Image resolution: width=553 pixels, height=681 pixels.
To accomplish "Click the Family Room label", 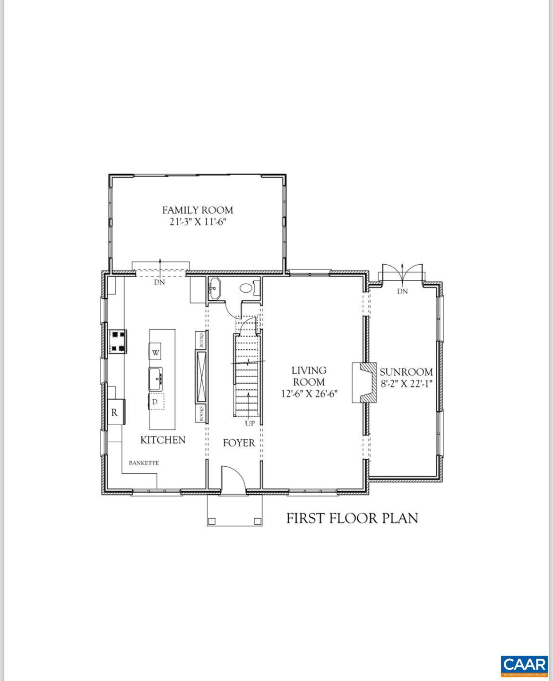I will click(198, 210).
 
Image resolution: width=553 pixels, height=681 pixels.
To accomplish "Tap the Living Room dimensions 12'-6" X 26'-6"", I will click(309, 394).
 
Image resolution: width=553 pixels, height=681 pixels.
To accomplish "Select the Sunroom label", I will click(406, 372).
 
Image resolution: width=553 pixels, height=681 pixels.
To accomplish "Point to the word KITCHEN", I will click(163, 440).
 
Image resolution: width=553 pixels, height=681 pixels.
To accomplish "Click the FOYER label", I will click(239, 443).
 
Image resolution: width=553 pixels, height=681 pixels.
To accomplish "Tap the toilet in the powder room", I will click(247, 287).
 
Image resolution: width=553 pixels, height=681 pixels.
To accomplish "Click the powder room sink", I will click(215, 288).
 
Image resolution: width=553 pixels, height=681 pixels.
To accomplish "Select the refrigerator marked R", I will click(114, 412).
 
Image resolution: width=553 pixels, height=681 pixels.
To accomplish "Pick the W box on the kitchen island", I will click(156, 352).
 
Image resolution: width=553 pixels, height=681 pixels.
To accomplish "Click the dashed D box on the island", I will click(156, 402).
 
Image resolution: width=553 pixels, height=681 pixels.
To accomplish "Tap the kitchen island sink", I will click(156, 378).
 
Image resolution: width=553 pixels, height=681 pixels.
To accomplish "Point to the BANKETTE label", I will click(144, 463).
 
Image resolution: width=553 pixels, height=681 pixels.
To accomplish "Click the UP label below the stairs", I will click(250, 423).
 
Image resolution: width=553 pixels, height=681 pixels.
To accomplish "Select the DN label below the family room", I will click(160, 282).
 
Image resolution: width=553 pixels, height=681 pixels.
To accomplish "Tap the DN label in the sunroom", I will click(402, 291).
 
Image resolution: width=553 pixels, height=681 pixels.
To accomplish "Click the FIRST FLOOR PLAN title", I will click(352, 518).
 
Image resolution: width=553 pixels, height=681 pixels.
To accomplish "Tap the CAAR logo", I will click(524, 665).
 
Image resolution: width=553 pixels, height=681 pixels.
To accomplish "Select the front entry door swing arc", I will click(234, 479).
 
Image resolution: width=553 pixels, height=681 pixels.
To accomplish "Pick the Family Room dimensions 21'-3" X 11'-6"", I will click(198, 222).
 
